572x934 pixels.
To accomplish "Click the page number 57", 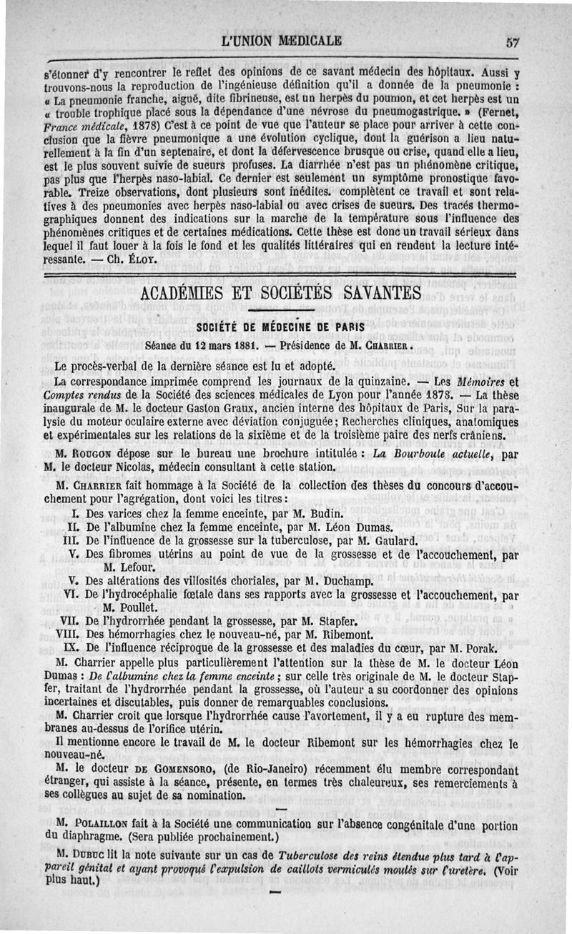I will [x=511, y=41].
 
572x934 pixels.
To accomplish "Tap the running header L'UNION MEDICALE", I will [x=282, y=40].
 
